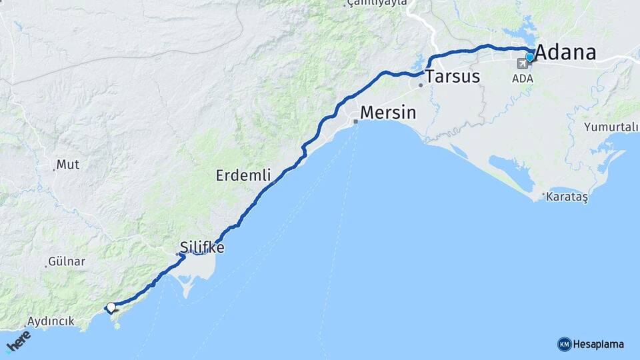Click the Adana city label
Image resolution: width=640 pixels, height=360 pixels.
pyautogui.click(x=566, y=52)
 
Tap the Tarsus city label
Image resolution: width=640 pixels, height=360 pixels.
pyautogui.click(x=453, y=76)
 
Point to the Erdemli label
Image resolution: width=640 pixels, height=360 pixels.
pyautogui.click(x=243, y=175)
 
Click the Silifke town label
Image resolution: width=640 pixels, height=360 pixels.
pyautogui.click(x=202, y=248)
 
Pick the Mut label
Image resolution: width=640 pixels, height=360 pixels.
pyautogui.click(x=68, y=164)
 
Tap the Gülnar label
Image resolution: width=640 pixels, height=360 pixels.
pyautogui.click(x=67, y=261)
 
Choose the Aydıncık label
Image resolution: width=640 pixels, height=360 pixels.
pyautogui.click(x=51, y=321)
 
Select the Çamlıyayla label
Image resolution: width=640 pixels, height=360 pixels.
pyautogui.click(x=377, y=3)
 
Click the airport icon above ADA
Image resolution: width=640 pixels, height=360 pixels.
pyautogui.click(x=521, y=64)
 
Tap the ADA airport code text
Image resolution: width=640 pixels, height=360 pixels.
pyautogui.click(x=523, y=78)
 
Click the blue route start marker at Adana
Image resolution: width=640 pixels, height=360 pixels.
pyautogui.click(x=530, y=57)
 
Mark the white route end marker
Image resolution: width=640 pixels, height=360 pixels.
pyautogui.click(x=111, y=307)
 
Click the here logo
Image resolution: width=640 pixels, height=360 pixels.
pyautogui.click(x=19, y=341)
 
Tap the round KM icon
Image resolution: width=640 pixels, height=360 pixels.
pyautogui.click(x=564, y=344)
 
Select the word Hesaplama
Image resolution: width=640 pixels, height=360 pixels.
pyautogui.click(x=599, y=344)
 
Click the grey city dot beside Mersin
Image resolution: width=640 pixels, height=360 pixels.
pyautogui.click(x=356, y=121)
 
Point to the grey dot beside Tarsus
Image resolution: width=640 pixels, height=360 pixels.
pyautogui.click(x=421, y=85)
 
